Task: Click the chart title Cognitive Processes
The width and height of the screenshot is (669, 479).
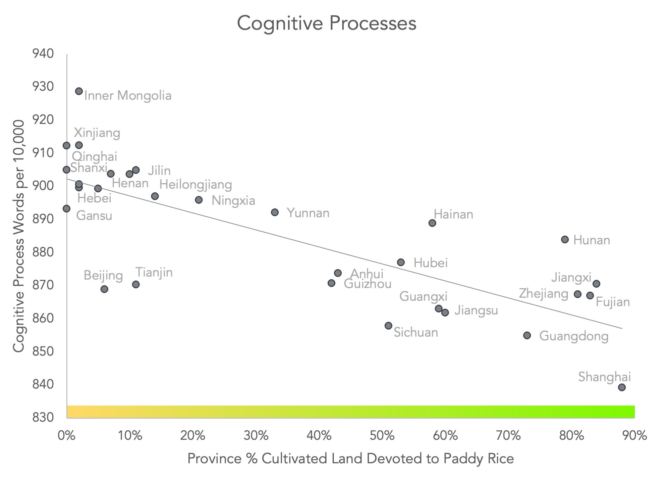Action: point(327,23)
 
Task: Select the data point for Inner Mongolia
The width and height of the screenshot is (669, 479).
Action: point(79,91)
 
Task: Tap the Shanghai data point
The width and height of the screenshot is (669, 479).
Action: point(622,387)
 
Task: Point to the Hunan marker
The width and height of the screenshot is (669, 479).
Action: point(565,240)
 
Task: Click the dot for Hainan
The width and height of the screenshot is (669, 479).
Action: point(432,223)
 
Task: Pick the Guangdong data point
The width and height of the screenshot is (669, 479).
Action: point(527,336)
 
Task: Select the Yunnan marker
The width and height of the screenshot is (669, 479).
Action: point(275,212)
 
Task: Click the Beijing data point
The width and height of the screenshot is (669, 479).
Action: point(104,289)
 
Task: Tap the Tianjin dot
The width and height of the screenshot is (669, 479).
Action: point(136,285)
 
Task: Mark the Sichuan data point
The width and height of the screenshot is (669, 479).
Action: point(388,326)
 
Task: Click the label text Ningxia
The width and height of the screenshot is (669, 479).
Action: point(233,201)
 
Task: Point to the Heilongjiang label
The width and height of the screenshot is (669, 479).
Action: point(196,185)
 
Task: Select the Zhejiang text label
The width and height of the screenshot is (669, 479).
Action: point(544,294)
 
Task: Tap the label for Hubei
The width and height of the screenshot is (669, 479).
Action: point(431,263)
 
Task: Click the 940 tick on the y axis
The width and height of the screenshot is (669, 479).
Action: point(43,54)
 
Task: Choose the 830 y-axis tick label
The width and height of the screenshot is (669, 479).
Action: point(43,417)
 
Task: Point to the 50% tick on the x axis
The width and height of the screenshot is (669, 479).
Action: point(382,436)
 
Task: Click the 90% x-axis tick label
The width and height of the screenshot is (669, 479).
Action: point(634,436)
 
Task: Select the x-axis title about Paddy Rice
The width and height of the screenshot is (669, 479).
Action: point(350,459)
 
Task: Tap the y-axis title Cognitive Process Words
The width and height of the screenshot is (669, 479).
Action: point(19,236)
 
